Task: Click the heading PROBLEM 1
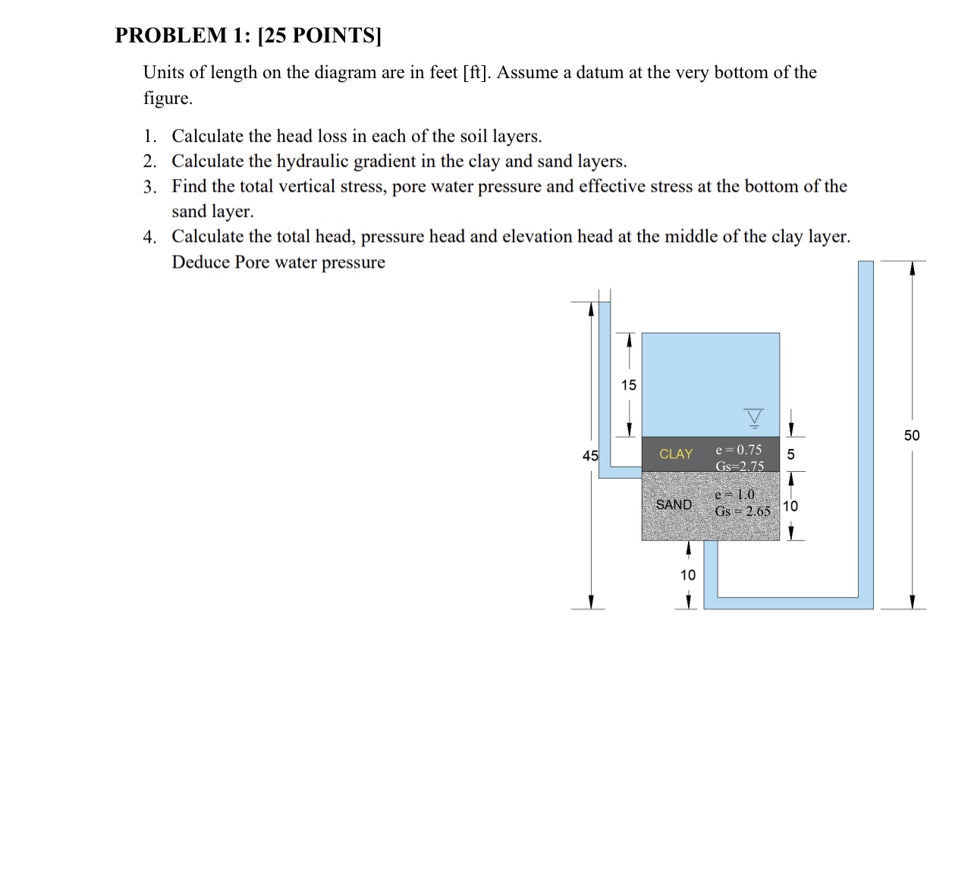183,36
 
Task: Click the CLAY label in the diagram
675,454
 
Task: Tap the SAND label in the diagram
674,505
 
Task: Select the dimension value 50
911,435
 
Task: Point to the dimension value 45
590,456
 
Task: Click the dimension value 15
628,385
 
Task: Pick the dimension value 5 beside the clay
790,455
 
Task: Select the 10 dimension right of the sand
790,507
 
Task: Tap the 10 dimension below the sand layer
687,575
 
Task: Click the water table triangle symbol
753,417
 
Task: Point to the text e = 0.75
738,450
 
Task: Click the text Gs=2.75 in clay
739,466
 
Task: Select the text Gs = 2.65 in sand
742,511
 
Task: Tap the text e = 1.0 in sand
734,495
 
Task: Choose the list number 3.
149,187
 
